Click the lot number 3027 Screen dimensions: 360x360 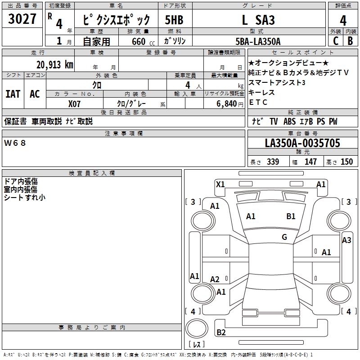click(x=22, y=19)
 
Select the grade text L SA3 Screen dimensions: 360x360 click(x=258, y=20)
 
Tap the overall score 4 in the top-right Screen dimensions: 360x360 click(x=343, y=21)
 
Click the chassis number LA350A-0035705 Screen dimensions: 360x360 click(x=302, y=144)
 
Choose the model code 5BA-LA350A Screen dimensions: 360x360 click(x=258, y=41)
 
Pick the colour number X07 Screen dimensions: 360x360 click(x=74, y=103)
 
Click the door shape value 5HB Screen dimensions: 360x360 click(x=174, y=20)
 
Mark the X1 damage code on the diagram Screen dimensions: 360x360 click(x=220, y=184)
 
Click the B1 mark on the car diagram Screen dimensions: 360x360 click(x=291, y=216)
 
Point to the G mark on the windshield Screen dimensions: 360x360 click(x=284, y=237)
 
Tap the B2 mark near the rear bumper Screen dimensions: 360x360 click(x=221, y=333)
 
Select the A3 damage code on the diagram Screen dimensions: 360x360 click(x=346, y=240)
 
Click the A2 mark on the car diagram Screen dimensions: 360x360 click(x=215, y=279)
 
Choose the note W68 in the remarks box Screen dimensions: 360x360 click(x=15, y=143)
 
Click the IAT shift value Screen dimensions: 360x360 click(x=13, y=94)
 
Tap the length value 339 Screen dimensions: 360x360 click(x=273, y=162)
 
